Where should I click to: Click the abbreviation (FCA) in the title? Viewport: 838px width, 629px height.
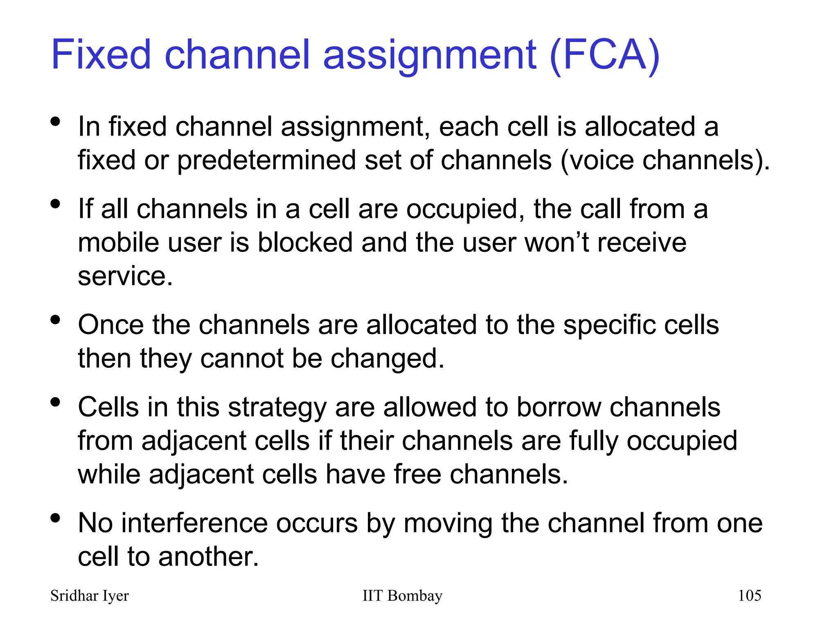click(x=605, y=55)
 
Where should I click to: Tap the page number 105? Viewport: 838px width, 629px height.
click(x=749, y=595)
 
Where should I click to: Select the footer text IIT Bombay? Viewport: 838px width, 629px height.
click(x=402, y=595)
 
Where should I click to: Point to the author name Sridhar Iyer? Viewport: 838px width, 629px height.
click(x=89, y=595)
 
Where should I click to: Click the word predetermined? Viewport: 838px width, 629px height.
click(x=266, y=160)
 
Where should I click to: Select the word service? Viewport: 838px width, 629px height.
click(x=125, y=276)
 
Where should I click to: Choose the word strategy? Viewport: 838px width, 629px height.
click(x=277, y=408)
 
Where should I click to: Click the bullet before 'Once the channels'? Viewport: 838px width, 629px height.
click(x=56, y=320)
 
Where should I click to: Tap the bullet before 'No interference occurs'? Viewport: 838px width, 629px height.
click(x=56, y=518)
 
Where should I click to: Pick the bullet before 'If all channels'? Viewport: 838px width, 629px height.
click(x=56, y=204)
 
